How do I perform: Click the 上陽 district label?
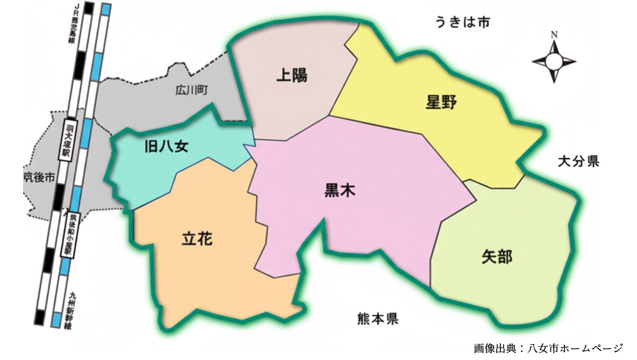[292, 75]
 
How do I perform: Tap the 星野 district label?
[441, 102]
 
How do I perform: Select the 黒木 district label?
[340, 190]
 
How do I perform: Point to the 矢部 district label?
[497, 257]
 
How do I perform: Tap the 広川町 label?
[191, 91]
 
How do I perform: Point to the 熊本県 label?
[377, 319]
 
